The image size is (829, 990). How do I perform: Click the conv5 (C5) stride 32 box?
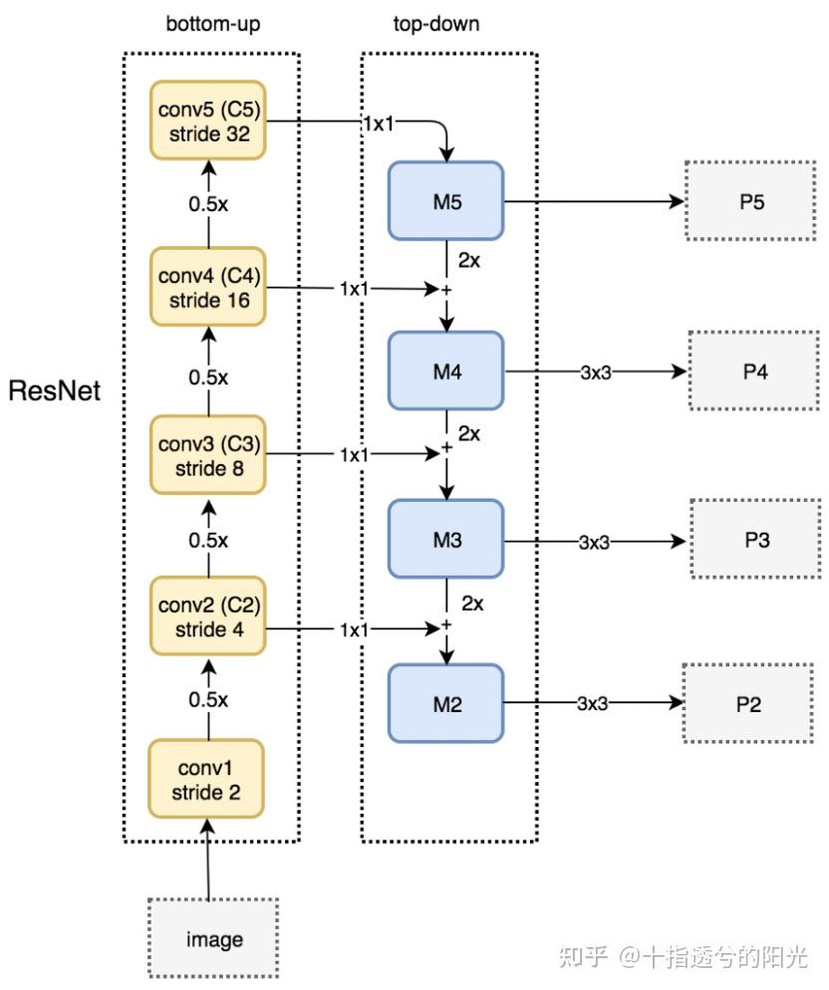(x=208, y=121)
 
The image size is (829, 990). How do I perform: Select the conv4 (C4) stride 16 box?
(x=208, y=287)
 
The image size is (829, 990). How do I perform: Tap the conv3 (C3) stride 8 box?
(x=208, y=454)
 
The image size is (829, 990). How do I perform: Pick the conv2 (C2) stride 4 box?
(x=208, y=618)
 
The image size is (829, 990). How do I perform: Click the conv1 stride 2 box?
(x=208, y=780)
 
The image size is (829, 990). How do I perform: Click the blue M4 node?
(x=446, y=371)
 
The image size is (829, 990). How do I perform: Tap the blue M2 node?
(x=446, y=704)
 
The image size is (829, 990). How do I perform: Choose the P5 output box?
(x=752, y=202)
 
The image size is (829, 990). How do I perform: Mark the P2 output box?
(x=748, y=704)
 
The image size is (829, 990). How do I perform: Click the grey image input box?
(x=213, y=938)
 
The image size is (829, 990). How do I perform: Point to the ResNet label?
(x=55, y=391)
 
